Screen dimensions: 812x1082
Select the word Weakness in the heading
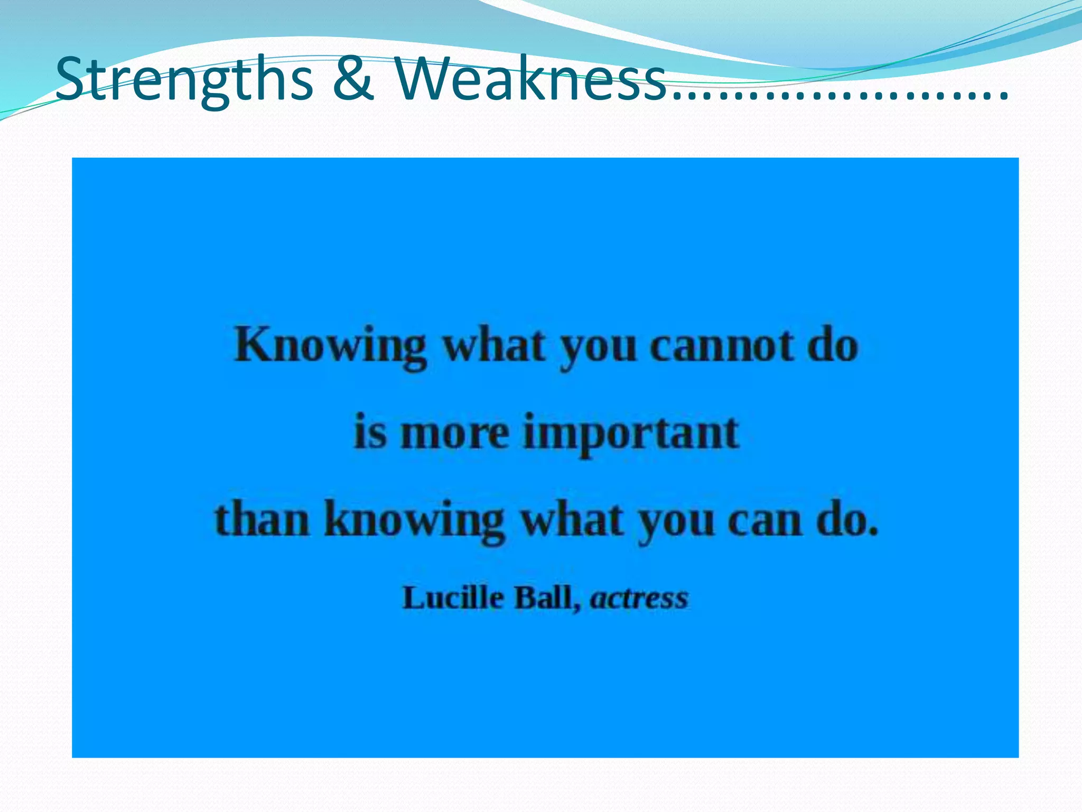click(x=530, y=79)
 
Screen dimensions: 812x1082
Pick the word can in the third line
click(x=764, y=521)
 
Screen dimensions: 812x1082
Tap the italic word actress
click(x=639, y=598)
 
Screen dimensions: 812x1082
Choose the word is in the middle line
click(x=369, y=433)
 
